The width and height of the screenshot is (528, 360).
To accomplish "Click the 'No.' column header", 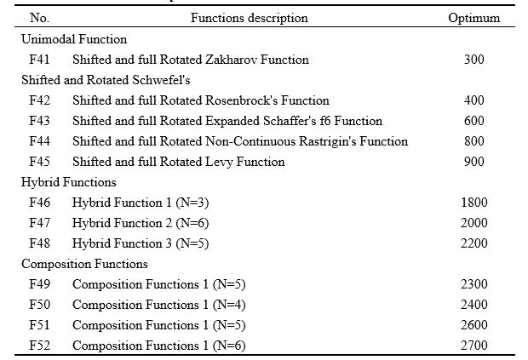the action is (x=39, y=18).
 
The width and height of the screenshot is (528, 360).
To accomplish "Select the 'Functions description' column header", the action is (x=249, y=18).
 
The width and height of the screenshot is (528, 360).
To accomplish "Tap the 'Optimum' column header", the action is (x=474, y=18).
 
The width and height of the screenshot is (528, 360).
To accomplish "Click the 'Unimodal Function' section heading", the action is (x=74, y=39).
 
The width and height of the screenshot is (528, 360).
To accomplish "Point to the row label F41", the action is (x=40, y=60).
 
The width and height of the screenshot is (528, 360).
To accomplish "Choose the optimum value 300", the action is (x=474, y=60).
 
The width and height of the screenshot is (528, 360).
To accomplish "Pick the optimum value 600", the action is (x=474, y=121).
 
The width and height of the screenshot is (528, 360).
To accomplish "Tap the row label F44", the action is (x=40, y=141).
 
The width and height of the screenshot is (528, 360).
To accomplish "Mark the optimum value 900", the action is (x=474, y=162).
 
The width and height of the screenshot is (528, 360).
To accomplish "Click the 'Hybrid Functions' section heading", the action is (x=69, y=182).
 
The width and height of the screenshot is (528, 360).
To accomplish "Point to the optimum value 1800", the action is (x=474, y=203).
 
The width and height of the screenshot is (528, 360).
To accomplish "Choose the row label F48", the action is (x=40, y=243).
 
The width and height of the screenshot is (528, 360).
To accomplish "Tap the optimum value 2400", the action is (x=474, y=305).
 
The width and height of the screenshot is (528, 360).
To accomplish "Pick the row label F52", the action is (x=40, y=346).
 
